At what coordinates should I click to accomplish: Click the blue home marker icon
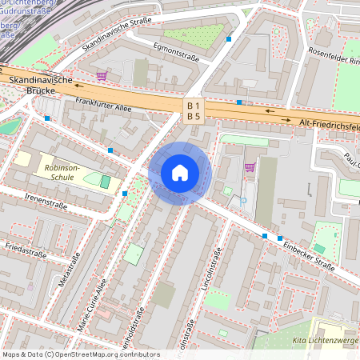(x=180, y=172)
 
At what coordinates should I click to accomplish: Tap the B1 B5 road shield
(x=194, y=110)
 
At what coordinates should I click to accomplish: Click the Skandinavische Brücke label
(x=42, y=86)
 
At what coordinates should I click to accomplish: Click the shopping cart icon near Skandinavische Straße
(x=102, y=76)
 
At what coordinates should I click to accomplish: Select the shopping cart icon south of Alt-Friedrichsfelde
(x=250, y=167)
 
